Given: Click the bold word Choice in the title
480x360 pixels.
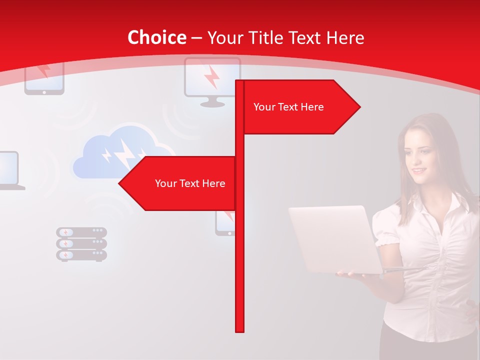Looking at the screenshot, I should point(156,37).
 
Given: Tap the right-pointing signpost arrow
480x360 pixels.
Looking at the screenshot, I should point(300,107).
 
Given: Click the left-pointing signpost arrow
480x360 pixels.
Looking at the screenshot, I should point(177,183).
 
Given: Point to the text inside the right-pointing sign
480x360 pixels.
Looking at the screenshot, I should point(288,107).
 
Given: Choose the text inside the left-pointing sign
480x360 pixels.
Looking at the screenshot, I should point(190,183).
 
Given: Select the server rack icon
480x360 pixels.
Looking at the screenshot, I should point(81,244).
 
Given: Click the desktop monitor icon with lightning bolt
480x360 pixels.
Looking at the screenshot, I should point(212,80).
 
